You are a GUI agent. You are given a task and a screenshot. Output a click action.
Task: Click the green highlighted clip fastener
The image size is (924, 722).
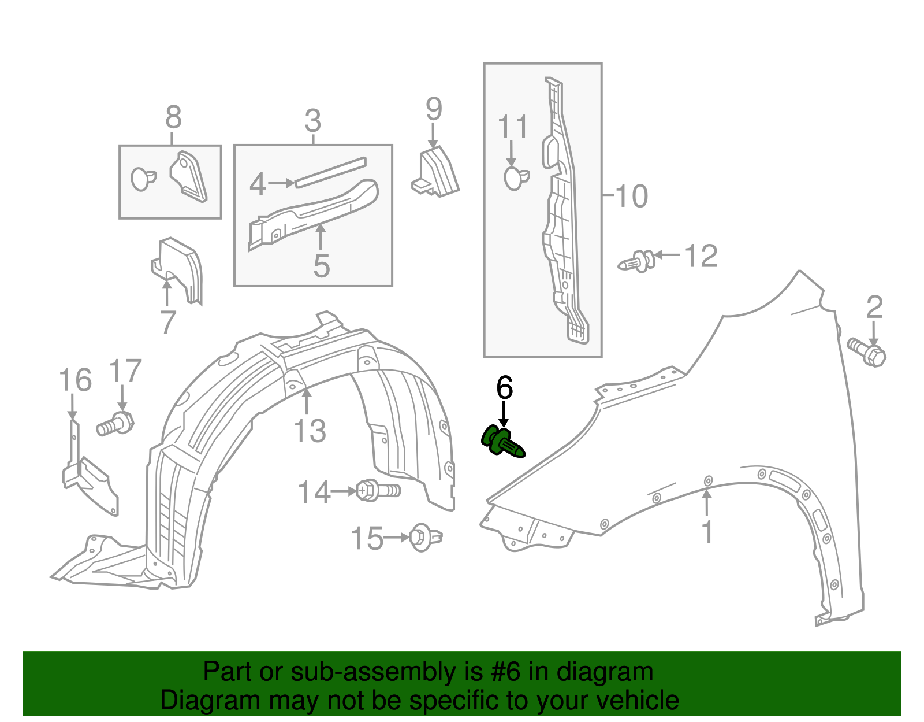[502, 442]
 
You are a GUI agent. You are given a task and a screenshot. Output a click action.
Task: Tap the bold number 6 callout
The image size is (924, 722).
[504, 387]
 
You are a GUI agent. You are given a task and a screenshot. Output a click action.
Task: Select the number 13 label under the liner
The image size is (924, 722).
[310, 431]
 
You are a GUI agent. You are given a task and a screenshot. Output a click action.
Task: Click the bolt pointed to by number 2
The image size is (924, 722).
[867, 351]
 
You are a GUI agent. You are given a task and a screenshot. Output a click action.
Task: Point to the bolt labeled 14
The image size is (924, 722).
[378, 491]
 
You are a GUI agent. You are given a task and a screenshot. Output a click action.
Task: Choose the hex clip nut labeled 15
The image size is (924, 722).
[425, 537]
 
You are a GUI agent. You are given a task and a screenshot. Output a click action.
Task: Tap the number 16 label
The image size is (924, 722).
[75, 380]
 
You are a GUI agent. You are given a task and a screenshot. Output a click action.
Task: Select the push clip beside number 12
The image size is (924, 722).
[637, 261]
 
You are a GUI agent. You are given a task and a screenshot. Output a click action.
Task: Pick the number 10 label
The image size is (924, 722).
[631, 196]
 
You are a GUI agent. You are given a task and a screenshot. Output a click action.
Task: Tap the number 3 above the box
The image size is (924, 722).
[312, 121]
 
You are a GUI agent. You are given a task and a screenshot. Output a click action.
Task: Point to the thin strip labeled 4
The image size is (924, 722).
[330, 172]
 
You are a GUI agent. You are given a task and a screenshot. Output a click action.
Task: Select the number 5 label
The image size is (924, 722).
[321, 265]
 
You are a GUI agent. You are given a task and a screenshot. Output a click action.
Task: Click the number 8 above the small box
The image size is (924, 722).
[173, 117]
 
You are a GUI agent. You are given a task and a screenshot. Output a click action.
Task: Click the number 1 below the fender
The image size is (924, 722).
[707, 532]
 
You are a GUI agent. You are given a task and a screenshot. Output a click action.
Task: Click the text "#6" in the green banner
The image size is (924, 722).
[507, 672]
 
